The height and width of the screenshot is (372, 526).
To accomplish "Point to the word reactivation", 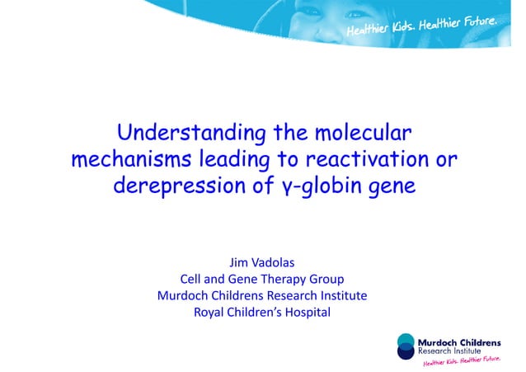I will click(x=366, y=159).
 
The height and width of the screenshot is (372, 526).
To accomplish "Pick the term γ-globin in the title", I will click(x=312, y=186).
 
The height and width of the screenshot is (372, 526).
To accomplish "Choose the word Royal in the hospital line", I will click(x=211, y=312).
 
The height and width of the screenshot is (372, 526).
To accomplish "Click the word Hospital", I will click(x=303, y=312).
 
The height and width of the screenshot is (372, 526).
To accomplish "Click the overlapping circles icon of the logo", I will click(x=406, y=345).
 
